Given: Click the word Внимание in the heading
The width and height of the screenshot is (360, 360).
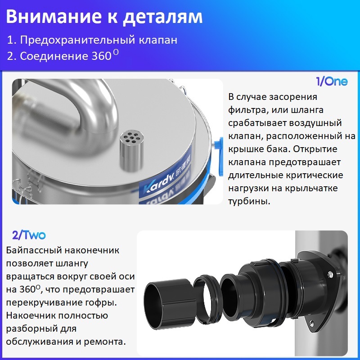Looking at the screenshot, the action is click(54, 17).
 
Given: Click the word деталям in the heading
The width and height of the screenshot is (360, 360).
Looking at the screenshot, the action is click(163, 18).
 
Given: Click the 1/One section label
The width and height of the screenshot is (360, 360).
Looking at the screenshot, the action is click(332, 81).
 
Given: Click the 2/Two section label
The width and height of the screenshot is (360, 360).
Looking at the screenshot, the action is click(29, 235).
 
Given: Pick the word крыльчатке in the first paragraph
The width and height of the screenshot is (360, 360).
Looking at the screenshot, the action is click(311, 189).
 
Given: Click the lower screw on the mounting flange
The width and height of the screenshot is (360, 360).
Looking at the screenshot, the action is click(311, 323).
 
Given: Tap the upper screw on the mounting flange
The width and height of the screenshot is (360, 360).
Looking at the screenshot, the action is click(330, 274).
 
